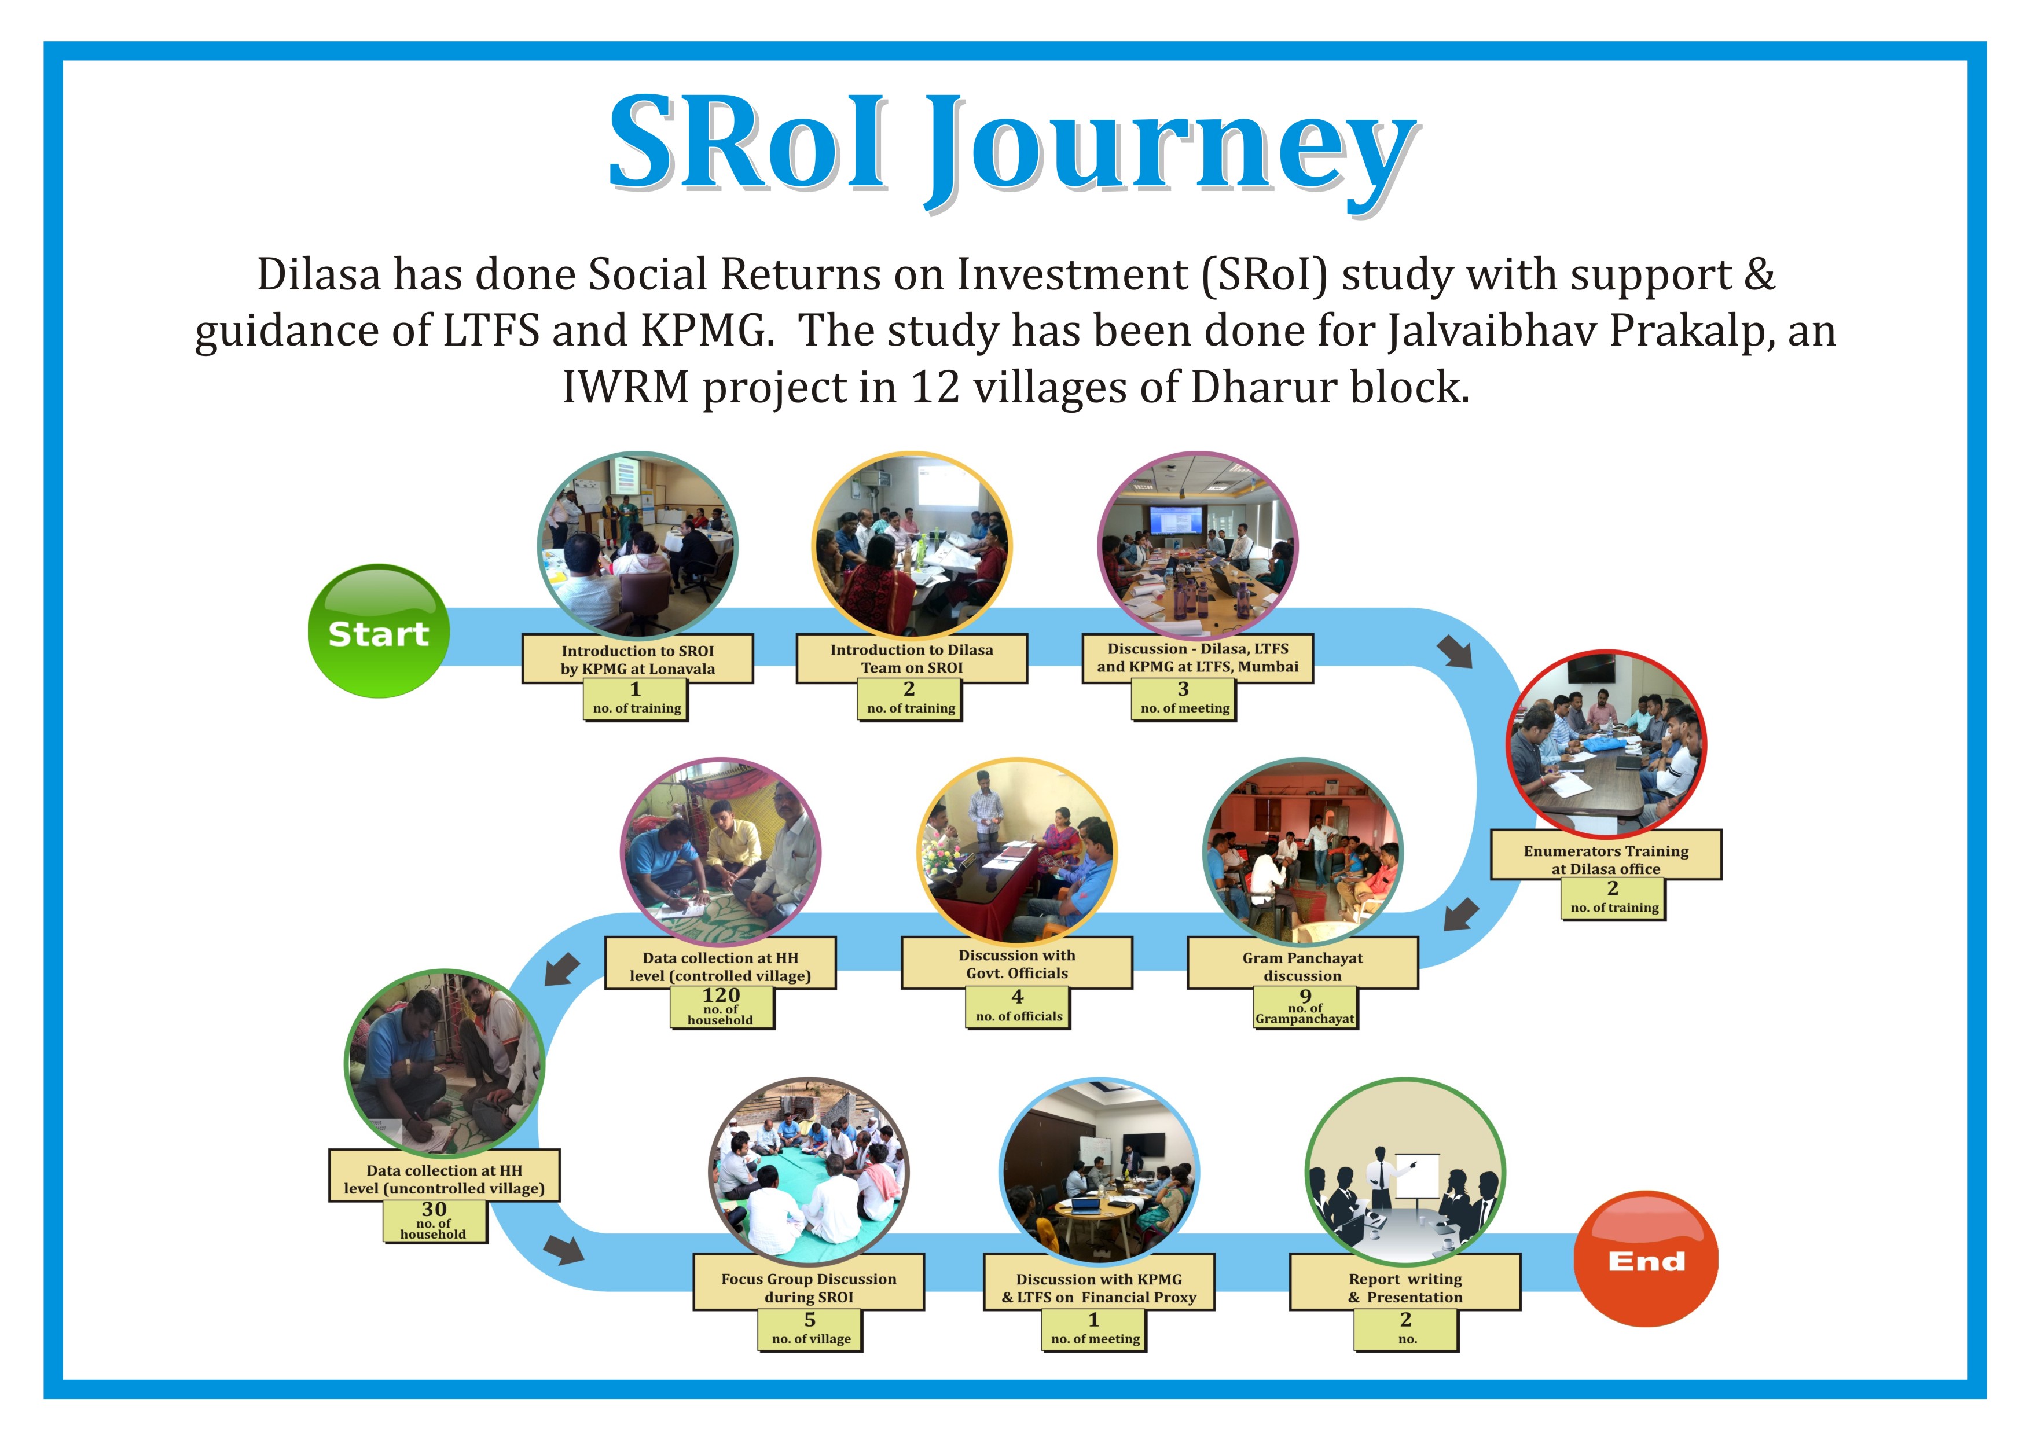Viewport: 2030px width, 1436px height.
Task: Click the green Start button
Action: [379, 631]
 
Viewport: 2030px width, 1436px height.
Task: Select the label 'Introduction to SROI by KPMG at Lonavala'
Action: [637, 659]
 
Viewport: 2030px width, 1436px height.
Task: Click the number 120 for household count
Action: [721, 995]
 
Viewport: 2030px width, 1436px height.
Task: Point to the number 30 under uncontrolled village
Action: [433, 1209]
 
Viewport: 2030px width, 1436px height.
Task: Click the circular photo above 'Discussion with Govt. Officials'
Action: [1017, 851]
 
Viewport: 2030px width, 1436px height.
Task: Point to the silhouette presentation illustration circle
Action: [1405, 1173]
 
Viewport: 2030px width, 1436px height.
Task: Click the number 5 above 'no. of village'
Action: [810, 1319]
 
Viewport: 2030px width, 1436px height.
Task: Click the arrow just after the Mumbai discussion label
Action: [1455, 651]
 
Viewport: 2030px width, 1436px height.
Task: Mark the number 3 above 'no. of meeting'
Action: [1183, 689]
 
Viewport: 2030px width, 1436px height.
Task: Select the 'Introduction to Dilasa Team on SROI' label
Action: [912, 658]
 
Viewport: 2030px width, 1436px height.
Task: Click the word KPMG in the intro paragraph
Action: [704, 330]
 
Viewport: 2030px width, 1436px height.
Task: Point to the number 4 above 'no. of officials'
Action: [1018, 997]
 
